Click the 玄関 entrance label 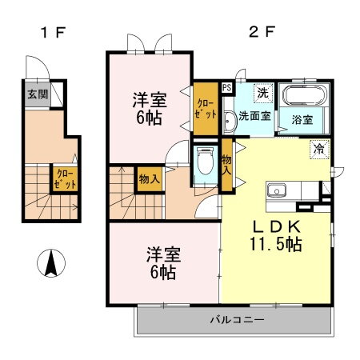click(x=37, y=94)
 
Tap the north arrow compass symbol click(x=49, y=262)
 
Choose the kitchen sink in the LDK click(x=277, y=191)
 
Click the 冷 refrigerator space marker click(x=319, y=149)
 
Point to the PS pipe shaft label click(x=226, y=88)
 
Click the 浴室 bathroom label click(x=302, y=120)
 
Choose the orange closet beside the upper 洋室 click(x=206, y=108)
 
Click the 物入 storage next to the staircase click(x=149, y=178)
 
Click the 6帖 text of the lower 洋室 click(x=162, y=273)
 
